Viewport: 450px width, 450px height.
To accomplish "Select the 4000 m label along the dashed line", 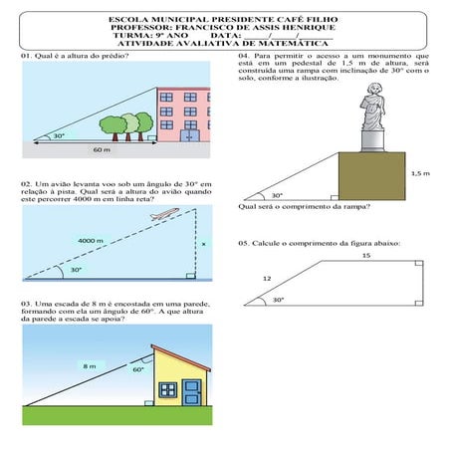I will (91, 240).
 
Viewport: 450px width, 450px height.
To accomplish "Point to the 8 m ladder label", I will (89, 367).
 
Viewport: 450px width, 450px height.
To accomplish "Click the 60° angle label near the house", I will (138, 368).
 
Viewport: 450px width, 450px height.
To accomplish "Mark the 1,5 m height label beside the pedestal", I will (419, 172).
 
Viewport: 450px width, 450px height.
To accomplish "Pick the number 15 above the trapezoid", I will (365, 256).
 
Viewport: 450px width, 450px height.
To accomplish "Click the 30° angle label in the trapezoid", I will (278, 299).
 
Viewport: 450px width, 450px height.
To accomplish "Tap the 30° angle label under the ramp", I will (277, 195).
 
